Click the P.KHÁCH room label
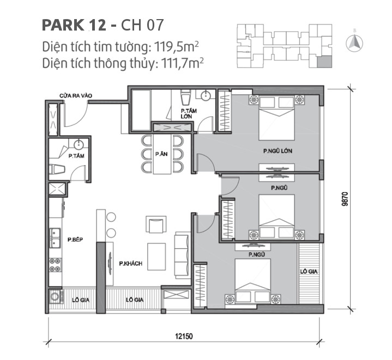point(130,264)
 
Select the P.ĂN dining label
point(160,154)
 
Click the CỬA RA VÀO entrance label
point(76,96)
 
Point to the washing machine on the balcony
point(56,298)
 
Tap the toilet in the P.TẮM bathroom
point(55,168)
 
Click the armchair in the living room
point(155,224)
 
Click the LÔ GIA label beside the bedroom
point(309,271)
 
